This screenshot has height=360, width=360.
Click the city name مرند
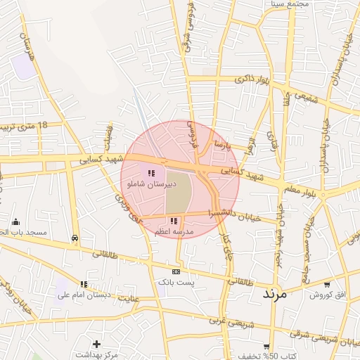click(275, 294)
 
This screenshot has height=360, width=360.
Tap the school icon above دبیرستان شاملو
click(150, 173)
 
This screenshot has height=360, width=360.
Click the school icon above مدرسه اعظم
click(174, 221)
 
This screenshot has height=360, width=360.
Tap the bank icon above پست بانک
click(176, 271)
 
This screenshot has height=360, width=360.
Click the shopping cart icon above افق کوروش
click(328, 284)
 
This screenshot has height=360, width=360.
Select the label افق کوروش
click(328, 294)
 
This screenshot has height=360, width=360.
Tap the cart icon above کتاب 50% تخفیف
click(266, 347)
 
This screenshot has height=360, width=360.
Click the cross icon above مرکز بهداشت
click(96, 344)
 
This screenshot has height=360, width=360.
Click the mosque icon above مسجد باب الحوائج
click(15, 222)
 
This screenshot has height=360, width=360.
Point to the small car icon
click(75, 238)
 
